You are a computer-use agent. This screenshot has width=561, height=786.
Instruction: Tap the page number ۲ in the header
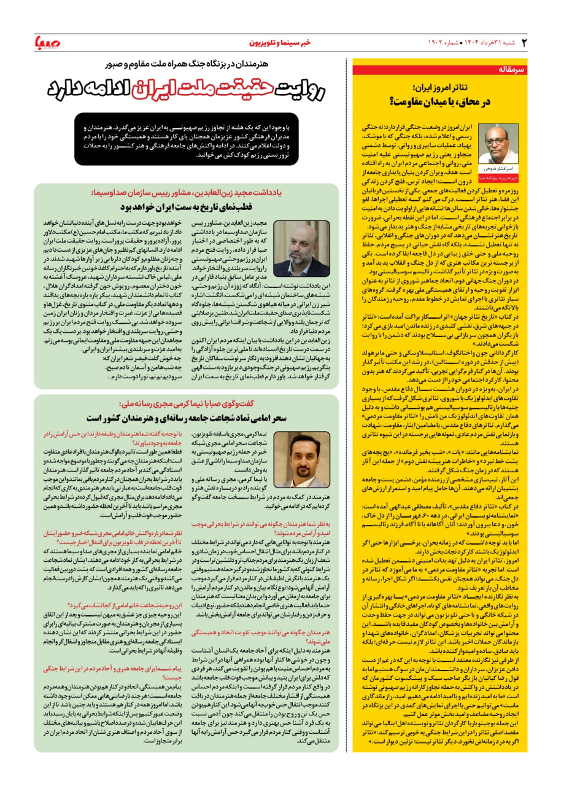[524, 42]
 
